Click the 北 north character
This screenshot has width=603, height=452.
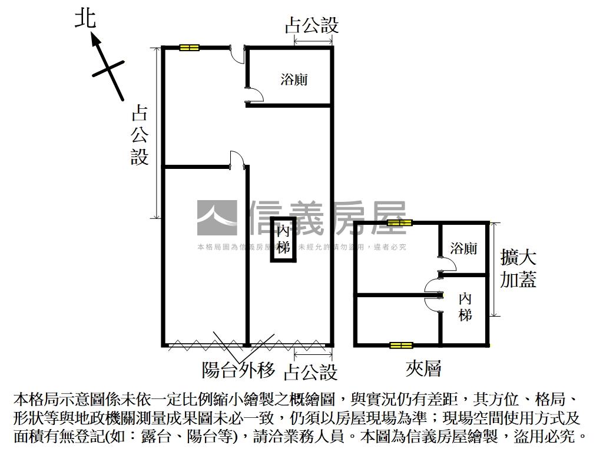tap(85, 18)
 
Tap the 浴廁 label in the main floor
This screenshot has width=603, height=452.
tap(294, 79)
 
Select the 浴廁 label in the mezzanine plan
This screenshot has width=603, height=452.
tap(463, 248)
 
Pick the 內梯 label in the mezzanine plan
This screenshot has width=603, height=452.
tap(465, 306)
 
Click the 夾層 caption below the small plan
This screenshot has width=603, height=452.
tap(423, 369)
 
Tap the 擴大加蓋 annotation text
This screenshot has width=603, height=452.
tap(518, 268)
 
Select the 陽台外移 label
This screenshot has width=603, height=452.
tap(238, 370)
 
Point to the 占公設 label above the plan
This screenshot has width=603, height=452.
tap(312, 25)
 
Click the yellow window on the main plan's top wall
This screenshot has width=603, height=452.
tap(190, 48)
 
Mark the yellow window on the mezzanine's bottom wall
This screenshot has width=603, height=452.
tap(400, 345)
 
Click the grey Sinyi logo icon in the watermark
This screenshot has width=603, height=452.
tap(217, 218)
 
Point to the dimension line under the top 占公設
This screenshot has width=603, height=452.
tap(313, 41)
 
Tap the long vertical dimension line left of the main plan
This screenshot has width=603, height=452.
tap(157, 132)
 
